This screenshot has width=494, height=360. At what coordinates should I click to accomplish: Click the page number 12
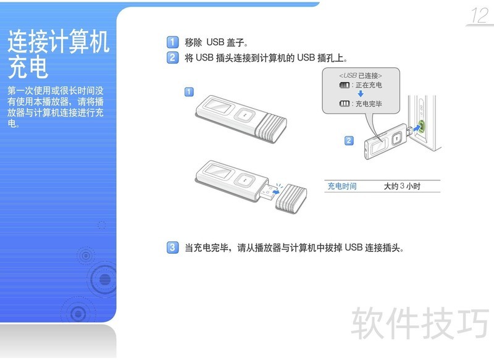click(x=480, y=15)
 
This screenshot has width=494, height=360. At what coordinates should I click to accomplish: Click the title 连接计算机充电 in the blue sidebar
click(x=59, y=54)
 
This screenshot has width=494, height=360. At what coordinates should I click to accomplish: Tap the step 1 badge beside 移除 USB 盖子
click(x=172, y=42)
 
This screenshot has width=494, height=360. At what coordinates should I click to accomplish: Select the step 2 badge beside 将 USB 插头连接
click(x=172, y=57)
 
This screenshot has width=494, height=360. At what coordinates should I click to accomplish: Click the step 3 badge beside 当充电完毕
click(x=172, y=248)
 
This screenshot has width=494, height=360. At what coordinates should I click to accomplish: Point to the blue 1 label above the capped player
click(x=189, y=92)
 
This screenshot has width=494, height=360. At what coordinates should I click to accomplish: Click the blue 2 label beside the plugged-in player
click(x=349, y=140)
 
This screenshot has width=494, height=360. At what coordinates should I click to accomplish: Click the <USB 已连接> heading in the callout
click(x=361, y=75)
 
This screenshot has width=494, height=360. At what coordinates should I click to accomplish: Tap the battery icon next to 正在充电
click(x=345, y=85)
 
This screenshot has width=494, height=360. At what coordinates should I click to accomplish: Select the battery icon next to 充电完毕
click(x=345, y=104)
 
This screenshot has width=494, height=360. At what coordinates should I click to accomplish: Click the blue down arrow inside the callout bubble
click(x=361, y=94)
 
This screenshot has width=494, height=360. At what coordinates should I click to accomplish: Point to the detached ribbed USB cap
click(x=291, y=199)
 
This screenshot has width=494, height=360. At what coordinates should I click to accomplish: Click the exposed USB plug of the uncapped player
click(x=268, y=191)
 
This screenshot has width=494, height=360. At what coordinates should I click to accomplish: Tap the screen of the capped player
click(x=218, y=106)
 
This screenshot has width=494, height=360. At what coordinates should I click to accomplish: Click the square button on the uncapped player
click(x=245, y=180)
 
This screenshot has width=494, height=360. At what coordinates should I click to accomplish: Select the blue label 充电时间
click(x=342, y=186)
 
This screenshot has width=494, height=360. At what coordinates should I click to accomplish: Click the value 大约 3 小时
click(x=402, y=186)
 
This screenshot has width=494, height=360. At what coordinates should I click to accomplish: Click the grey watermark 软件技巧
click(x=420, y=323)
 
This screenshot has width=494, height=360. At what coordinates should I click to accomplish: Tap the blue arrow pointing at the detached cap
click(x=275, y=191)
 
